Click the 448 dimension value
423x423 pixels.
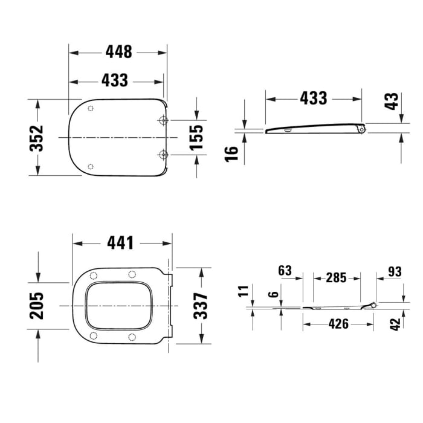pyautogui.click(x=118, y=52)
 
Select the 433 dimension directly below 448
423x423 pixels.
pyautogui.click(x=115, y=80)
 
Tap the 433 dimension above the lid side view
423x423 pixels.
pyautogui.click(x=314, y=98)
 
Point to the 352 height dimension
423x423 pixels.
pyautogui.click(x=37, y=138)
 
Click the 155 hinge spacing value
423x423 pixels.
pyautogui.click(x=196, y=137)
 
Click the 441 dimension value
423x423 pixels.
pyautogui.click(x=120, y=242)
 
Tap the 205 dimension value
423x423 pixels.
pyautogui.click(x=37, y=306)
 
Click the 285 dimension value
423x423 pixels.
pyautogui.click(x=336, y=277)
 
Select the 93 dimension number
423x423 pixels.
pyautogui.click(x=395, y=271)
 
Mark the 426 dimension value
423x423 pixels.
pyautogui.click(x=338, y=324)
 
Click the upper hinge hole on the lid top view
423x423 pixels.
pyautogui.click(x=163, y=121)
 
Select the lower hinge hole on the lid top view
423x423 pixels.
pyautogui.click(x=163, y=155)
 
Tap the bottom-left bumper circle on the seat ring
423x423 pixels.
pyautogui.click(x=93, y=337)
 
